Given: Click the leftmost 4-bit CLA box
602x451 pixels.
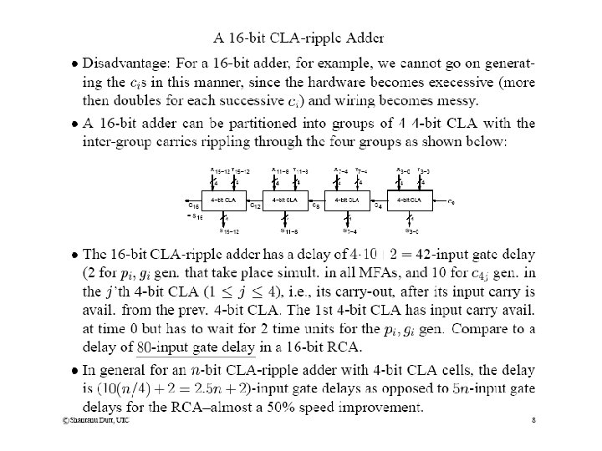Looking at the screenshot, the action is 222,200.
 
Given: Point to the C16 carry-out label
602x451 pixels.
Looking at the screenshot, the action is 193,205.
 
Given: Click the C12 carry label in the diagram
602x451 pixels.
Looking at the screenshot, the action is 256,206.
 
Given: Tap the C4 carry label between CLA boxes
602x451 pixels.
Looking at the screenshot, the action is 378,206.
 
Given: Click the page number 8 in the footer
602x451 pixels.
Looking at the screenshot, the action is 533,420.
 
